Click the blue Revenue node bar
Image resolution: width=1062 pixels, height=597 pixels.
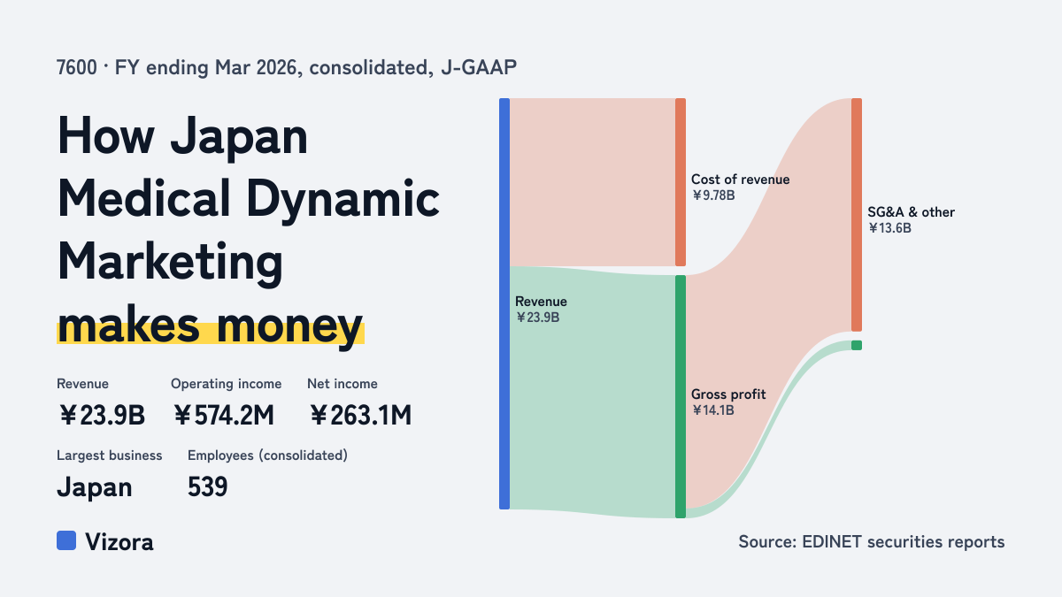tap(504, 303)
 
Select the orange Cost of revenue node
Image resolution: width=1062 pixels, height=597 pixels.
tap(681, 182)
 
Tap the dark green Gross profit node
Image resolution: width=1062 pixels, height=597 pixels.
tap(681, 396)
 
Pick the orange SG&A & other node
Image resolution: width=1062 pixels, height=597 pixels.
tap(857, 215)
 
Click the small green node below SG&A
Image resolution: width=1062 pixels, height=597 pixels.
tap(857, 346)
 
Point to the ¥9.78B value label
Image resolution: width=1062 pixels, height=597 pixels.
tap(713, 195)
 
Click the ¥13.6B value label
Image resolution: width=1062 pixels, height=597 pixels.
tap(889, 228)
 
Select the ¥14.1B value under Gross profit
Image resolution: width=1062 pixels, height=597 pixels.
tap(712, 409)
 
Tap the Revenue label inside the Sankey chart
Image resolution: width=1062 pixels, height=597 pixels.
tap(541, 302)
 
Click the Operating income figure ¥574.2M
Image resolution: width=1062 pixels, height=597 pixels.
tap(223, 416)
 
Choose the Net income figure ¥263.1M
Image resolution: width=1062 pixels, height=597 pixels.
tap(360, 416)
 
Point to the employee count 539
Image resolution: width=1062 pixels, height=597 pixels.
tap(207, 486)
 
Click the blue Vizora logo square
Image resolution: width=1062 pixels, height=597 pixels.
tap(66, 540)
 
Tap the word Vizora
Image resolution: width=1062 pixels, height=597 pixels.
tap(119, 542)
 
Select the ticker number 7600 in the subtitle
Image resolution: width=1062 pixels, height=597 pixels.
tap(76, 67)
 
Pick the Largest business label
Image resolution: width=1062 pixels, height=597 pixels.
tap(109, 455)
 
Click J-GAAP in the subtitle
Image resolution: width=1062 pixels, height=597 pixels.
tap(479, 67)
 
